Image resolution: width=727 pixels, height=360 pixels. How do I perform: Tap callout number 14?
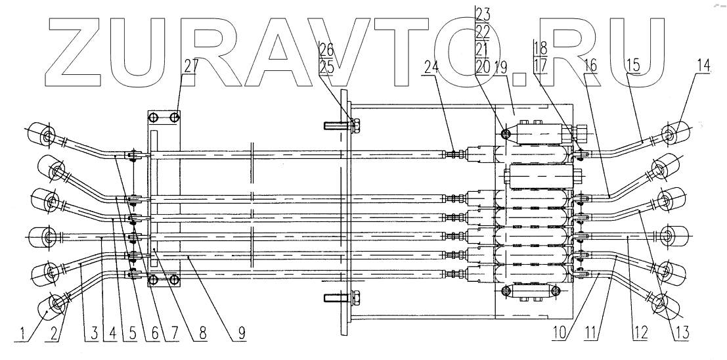tap(704, 66)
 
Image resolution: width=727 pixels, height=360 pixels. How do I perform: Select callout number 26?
tap(326, 47)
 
